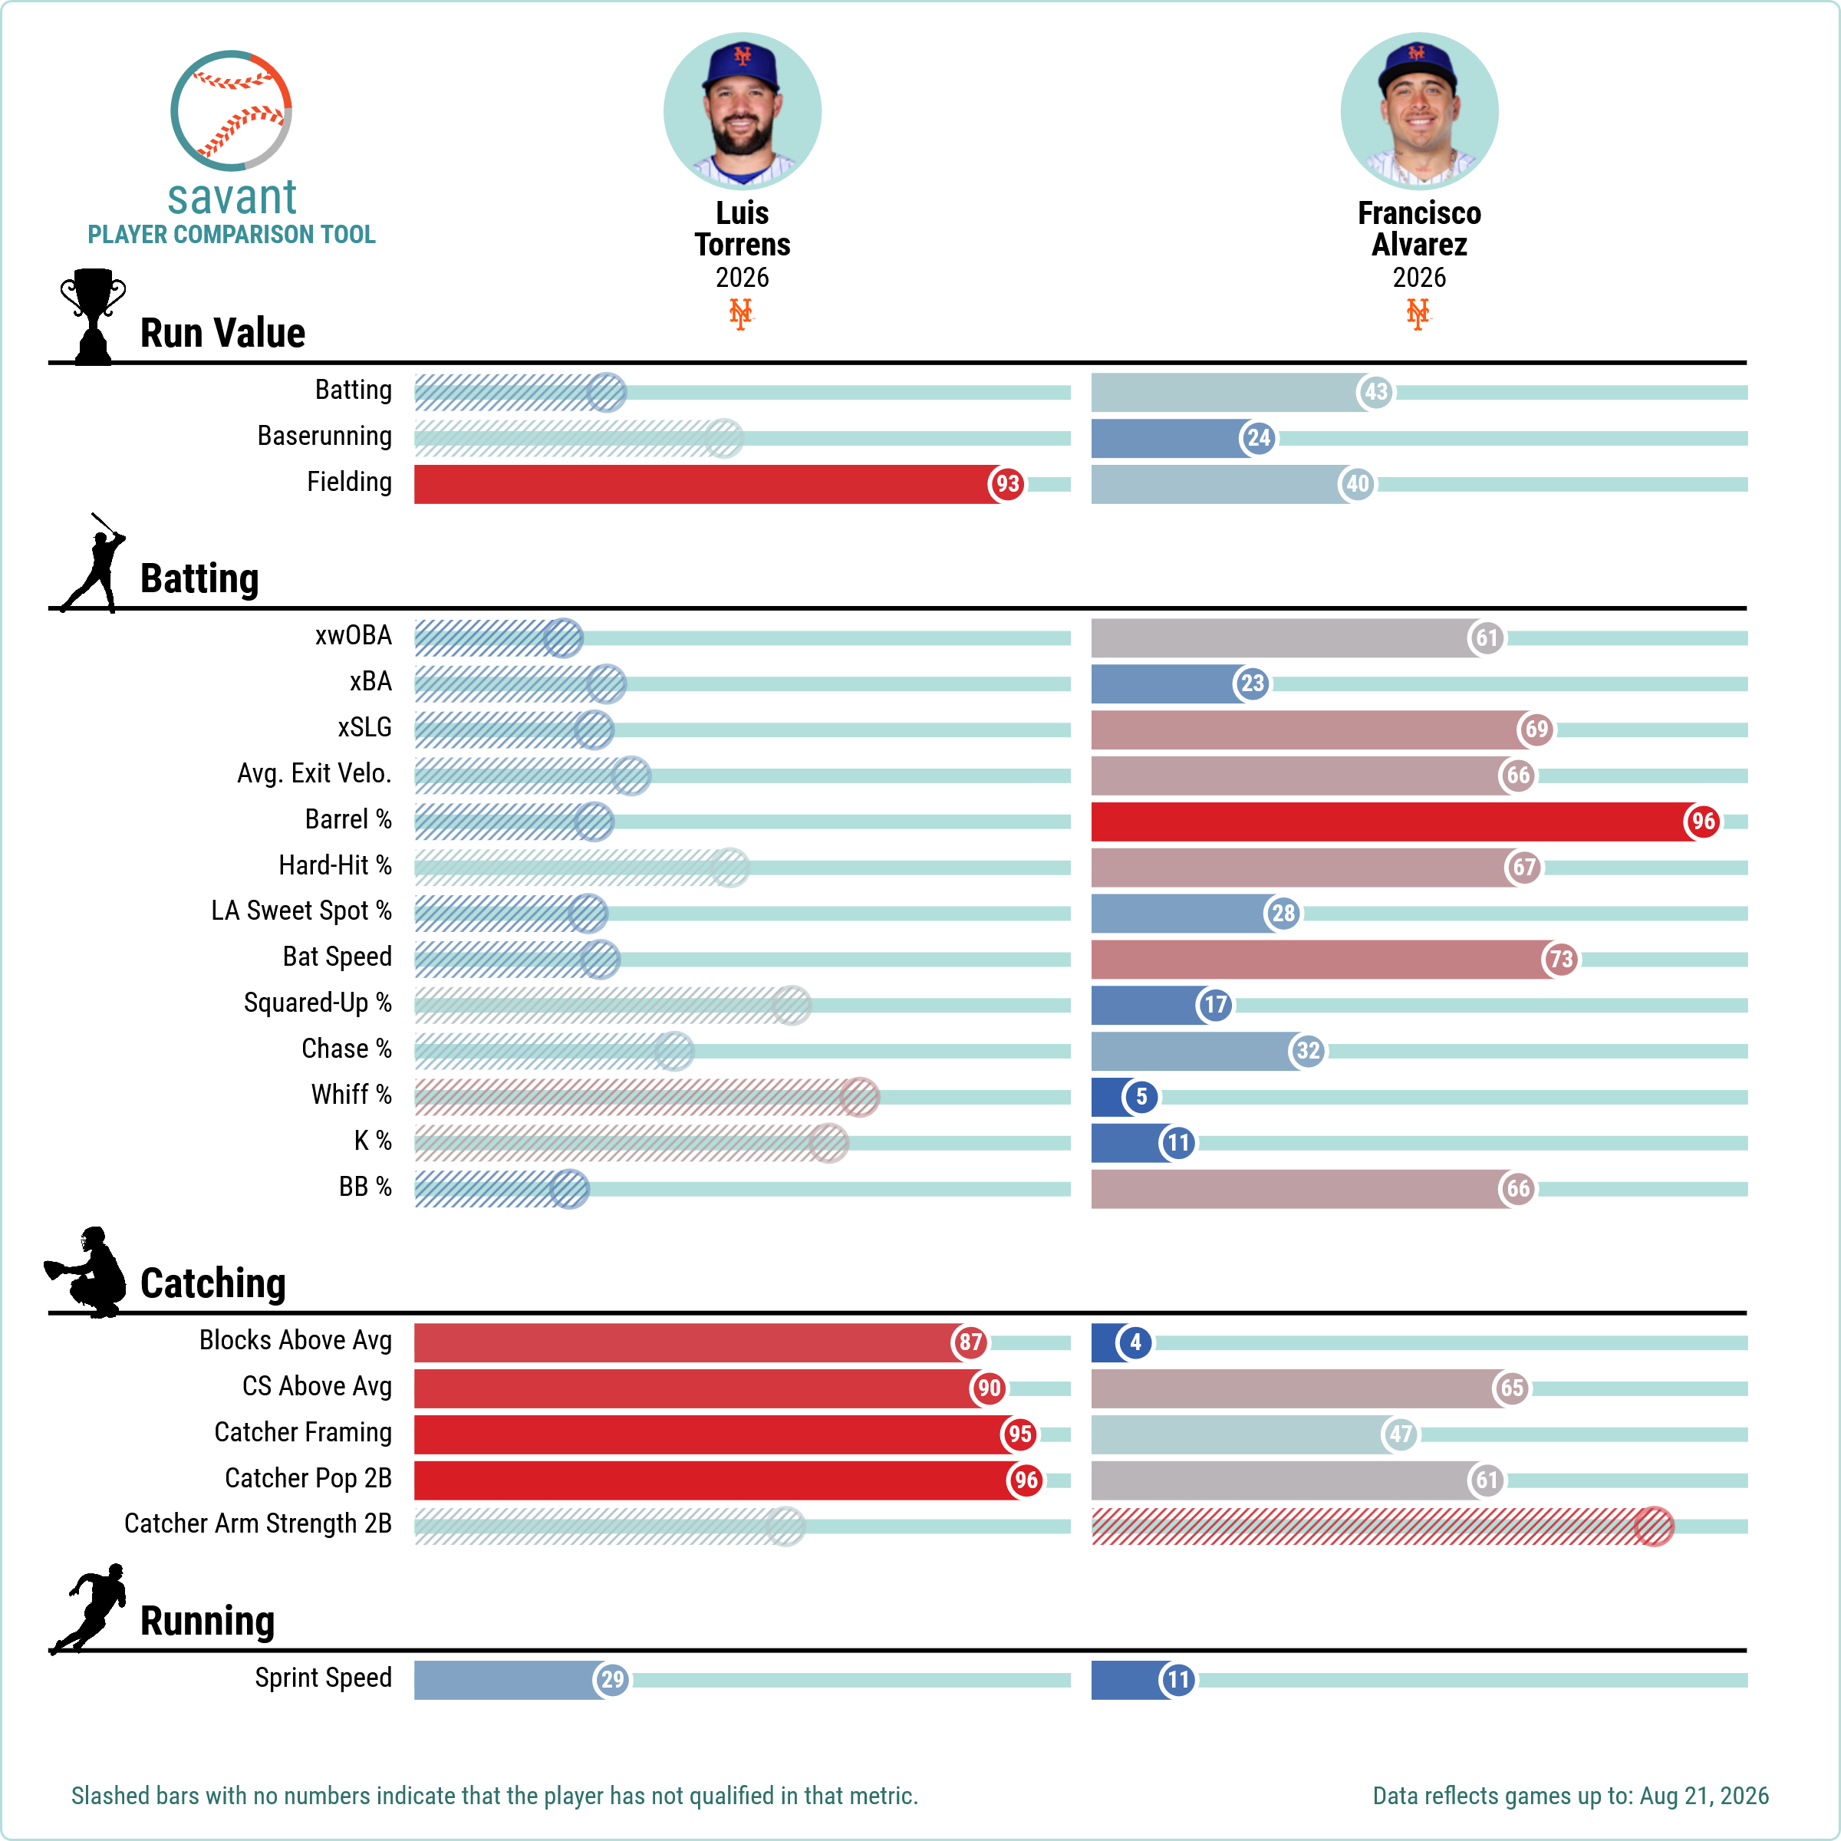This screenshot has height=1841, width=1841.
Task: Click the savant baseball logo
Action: point(231,110)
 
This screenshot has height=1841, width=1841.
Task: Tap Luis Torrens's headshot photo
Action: point(743,111)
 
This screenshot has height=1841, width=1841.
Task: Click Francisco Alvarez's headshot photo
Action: point(1419,111)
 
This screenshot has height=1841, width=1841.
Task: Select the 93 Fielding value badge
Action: point(1007,484)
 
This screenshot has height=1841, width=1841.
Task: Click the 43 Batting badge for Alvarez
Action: point(1375,392)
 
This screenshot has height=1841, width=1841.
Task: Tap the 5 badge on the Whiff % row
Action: point(1141,1097)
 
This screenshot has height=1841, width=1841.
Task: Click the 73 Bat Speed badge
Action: point(1560,959)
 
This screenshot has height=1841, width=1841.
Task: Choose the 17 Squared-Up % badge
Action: point(1215,1004)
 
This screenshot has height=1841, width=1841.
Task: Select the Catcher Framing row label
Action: point(303,1432)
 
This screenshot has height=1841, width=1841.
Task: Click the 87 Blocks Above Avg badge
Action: point(970,1342)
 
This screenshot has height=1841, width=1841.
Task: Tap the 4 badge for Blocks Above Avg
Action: point(1135,1342)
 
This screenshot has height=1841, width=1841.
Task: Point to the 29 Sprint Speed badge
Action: point(612,1679)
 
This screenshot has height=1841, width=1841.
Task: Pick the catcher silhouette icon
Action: point(86,1272)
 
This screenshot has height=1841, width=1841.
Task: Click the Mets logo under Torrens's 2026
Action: point(740,314)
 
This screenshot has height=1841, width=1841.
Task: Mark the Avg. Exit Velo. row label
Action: point(315,772)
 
